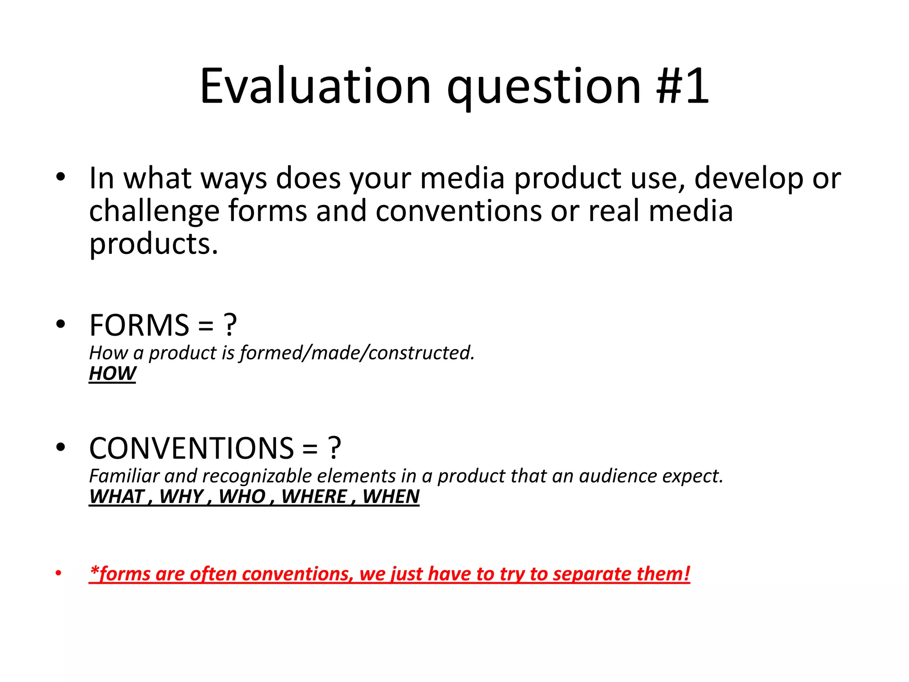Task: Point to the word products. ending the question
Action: (154, 245)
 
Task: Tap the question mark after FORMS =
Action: (230, 325)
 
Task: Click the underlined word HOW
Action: (112, 373)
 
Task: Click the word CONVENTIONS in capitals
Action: (191, 448)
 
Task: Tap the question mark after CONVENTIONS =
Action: (334, 448)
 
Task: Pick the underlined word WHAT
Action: (117, 496)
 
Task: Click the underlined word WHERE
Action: (314, 496)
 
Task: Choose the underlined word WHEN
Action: (391, 496)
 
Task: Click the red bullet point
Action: (59, 573)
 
